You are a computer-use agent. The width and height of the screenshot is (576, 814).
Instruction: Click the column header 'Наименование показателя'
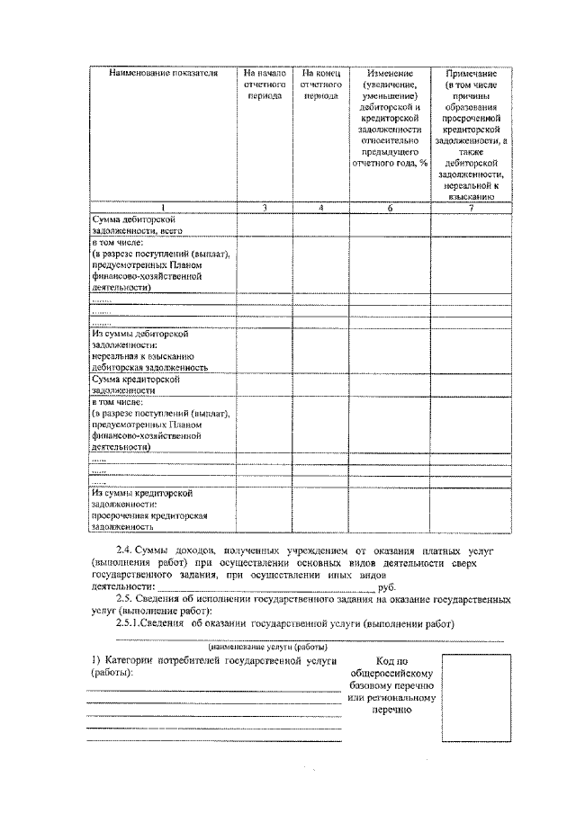pos(163,73)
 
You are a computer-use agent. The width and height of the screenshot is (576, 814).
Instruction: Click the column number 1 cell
pos(163,208)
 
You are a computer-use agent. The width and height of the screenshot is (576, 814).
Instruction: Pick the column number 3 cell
pos(265,208)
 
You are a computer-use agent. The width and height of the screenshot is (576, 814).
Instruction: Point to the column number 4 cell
pos(321,208)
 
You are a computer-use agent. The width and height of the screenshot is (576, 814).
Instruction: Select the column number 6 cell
pos(390,208)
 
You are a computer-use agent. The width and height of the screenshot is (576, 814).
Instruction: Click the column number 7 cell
pos(472,208)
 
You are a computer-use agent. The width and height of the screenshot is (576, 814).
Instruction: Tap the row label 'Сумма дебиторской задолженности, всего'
pos(135,225)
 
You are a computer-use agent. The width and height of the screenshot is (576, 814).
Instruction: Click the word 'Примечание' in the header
pos(472,73)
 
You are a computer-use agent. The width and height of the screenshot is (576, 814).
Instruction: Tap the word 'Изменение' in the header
pos(390,73)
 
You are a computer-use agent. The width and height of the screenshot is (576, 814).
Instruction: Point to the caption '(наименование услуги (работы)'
pos(267,647)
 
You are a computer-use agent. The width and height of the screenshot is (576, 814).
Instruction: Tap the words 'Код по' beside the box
pos(391,661)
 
